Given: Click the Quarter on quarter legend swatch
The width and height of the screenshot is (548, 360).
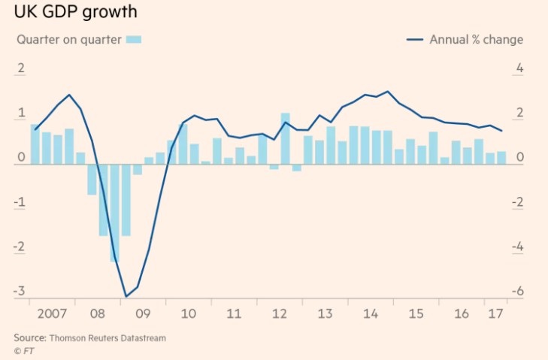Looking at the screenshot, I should click(134, 40).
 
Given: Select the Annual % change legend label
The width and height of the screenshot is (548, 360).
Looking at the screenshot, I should click(476, 40).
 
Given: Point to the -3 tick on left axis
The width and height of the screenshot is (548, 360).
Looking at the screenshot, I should click(21, 292).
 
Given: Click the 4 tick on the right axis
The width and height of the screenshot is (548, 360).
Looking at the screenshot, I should click(519, 70).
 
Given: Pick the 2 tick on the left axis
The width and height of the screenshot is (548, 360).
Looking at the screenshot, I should click(21, 70).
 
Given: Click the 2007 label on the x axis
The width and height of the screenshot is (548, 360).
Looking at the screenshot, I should click(51, 313).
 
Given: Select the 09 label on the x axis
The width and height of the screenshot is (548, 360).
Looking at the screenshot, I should click(143, 313).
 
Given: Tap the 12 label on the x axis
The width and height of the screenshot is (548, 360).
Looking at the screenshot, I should click(280, 313).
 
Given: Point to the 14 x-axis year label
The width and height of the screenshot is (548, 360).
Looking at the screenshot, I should click(371, 313).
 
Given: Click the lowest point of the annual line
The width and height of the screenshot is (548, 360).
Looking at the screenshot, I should click(126, 297).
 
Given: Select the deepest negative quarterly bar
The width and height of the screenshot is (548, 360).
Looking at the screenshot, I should click(114, 213).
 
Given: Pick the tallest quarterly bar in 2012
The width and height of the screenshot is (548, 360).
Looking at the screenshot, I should click(286, 138).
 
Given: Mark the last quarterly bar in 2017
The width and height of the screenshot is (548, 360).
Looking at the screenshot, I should click(501, 158).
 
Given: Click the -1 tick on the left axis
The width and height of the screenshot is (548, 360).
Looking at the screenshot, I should click(21, 203).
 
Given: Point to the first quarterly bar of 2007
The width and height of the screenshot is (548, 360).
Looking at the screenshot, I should click(35, 144).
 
